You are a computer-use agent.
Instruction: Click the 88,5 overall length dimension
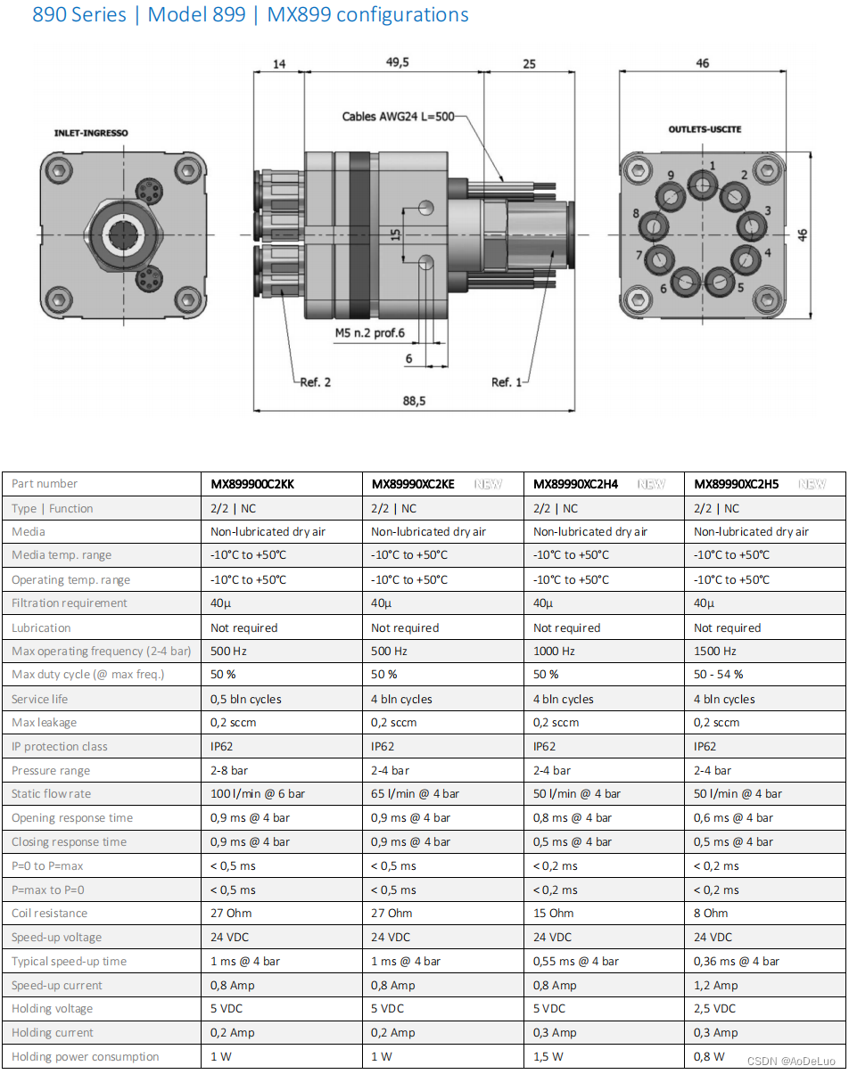click(x=414, y=401)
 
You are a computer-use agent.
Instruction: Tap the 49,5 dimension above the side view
click(x=397, y=62)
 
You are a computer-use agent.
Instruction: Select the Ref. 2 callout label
click(x=315, y=382)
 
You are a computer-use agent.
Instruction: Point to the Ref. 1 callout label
click(x=507, y=382)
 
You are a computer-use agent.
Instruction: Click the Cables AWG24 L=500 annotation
click(x=398, y=117)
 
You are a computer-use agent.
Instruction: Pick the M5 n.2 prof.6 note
click(x=370, y=332)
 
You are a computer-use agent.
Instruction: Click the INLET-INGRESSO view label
click(x=91, y=133)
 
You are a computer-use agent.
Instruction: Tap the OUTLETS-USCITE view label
click(x=705, y=129)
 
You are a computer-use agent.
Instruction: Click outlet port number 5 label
click(x=740, y=289)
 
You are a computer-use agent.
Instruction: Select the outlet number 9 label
click(x=671, y=175)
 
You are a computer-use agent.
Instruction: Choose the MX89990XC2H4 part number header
click(x=575, y=484)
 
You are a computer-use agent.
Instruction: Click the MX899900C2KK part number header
click(x=252, y=484)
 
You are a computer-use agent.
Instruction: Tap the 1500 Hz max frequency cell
click(x=715, y=652)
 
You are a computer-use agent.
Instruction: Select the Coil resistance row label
click(x=50, y=914)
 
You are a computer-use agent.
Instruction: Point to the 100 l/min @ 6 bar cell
click(x=258, y=794)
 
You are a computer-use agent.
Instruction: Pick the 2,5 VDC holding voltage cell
click(x=714, y=1009)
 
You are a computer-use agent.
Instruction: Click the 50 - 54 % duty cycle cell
click(x=718, y=675)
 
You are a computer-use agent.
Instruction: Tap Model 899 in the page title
click(x=196, y=15)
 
